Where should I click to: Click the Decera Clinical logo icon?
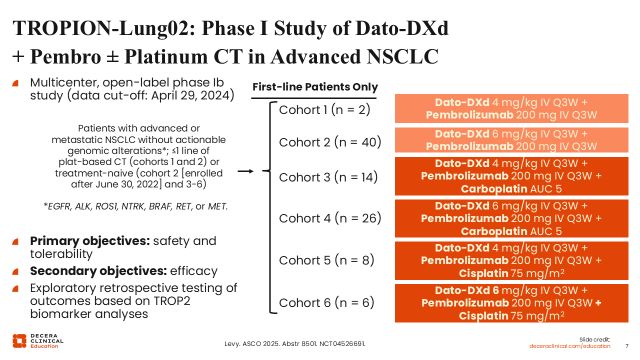(19, 341)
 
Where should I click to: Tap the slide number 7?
(627, 346)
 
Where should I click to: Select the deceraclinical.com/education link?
(569, 346)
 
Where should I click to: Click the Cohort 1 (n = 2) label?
(324, 110)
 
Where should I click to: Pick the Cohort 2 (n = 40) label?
(330, 142)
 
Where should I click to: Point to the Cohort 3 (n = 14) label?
(328, 177)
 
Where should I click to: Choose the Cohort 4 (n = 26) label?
(330, 218)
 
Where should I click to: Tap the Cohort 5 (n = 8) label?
(326, 260)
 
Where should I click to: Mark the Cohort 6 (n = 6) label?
(326, 303)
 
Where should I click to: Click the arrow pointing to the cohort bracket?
(245, 171)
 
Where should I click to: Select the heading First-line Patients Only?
(315, 87)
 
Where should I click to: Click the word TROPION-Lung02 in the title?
(104, 28)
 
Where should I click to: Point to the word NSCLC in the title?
(402, 56)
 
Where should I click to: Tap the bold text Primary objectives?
(90, 241)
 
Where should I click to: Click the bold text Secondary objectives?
(98, 271)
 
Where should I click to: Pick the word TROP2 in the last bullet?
(172, 301)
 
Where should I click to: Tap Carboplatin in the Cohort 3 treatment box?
(494, 189)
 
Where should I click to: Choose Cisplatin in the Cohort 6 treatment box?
(483, 316)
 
